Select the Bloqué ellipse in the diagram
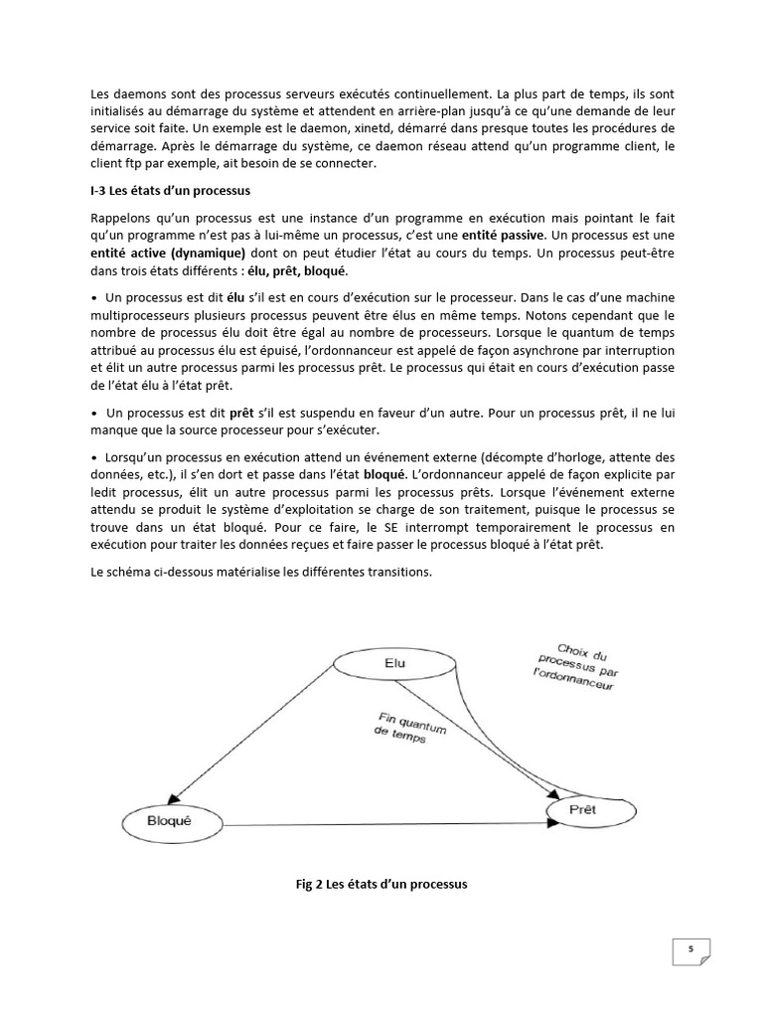[168, 822]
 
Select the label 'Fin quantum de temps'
[411, 729]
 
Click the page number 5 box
[689, 950]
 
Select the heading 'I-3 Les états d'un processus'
[170, 190]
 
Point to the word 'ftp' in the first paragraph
[125, 164]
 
